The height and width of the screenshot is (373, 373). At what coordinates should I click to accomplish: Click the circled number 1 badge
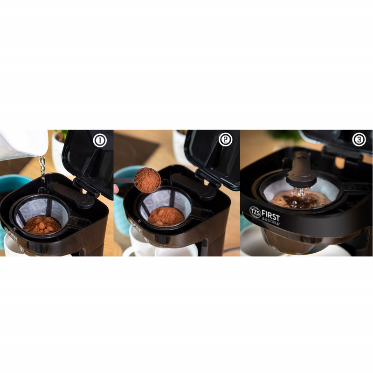(100, 141)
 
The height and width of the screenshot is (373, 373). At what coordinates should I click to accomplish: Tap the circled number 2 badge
(225, 139)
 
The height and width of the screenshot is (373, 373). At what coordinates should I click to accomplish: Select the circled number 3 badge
(359, 139)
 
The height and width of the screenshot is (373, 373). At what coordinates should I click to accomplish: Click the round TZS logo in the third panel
(255, 212)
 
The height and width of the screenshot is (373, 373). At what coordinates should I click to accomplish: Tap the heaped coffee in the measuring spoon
(147, 180)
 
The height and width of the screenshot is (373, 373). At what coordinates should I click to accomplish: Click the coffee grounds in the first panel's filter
(42, 225)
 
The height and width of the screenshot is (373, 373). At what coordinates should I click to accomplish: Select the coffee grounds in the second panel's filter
(166, 216)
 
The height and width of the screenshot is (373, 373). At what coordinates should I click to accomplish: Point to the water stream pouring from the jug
(42, 168)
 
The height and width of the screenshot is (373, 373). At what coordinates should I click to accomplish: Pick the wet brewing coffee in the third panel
(300, 200)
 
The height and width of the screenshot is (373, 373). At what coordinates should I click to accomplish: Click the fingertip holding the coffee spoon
(116, 189)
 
